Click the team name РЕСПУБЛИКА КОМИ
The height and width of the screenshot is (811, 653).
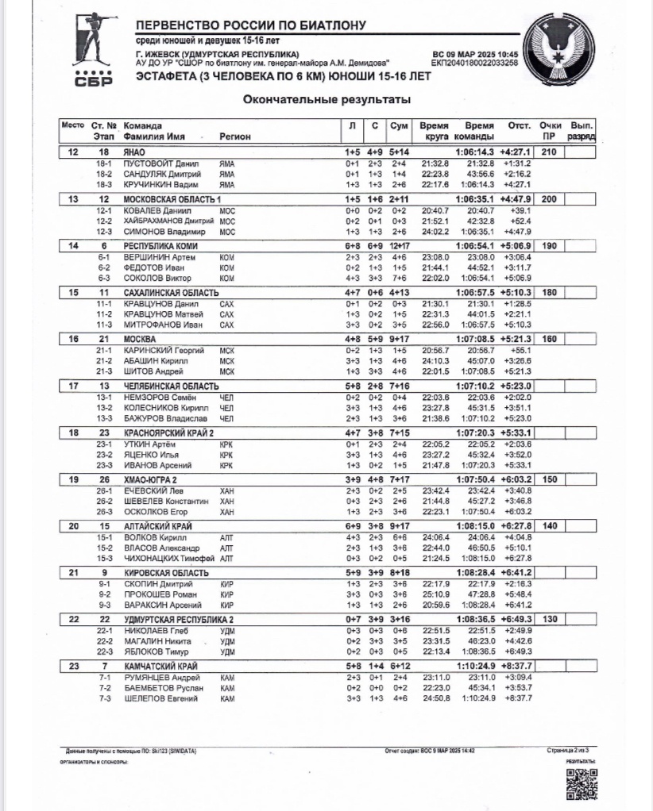click(160, 246)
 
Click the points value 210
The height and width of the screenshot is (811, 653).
click(549, 152)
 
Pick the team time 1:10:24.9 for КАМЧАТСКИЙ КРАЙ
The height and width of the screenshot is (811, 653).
click(475, 666)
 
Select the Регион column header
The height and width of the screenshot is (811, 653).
click(235, 136)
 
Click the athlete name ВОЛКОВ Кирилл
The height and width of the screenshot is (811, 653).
click(156, 536)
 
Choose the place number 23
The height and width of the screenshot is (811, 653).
click(74, 666)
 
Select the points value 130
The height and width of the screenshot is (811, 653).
click(549, 619)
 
